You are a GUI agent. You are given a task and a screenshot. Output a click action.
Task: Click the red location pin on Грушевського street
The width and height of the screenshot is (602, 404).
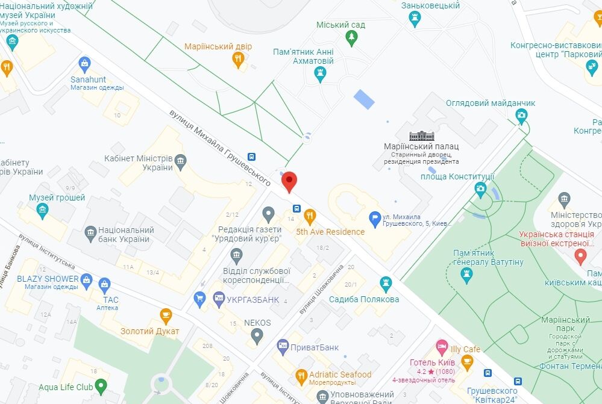coord(290,180)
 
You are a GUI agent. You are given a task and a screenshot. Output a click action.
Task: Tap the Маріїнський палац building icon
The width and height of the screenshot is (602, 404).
coord(421,135)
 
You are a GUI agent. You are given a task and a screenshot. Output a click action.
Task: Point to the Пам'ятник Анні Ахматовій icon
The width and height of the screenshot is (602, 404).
coord(320,74)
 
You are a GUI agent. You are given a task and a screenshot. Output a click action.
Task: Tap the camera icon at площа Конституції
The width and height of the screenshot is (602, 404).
coord(480,189)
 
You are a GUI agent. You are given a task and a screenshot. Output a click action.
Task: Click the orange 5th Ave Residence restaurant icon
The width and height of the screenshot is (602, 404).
coord(310,216)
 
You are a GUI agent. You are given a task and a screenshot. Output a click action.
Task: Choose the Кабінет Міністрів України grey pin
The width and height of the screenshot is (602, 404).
coord(180,161)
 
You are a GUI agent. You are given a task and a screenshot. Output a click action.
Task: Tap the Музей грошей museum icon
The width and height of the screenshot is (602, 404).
coord(42,210)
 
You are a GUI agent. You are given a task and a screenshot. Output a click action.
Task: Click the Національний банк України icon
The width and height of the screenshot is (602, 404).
coord(91,232)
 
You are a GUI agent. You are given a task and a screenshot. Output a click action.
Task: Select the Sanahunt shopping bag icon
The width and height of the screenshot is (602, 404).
coord(84,63)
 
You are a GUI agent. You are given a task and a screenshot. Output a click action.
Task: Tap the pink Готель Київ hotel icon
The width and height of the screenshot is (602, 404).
coord(442,347)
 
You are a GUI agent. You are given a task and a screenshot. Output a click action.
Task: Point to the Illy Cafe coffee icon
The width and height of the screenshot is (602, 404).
coord(466,361)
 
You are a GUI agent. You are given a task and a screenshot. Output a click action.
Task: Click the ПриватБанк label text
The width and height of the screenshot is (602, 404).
coord(316,347)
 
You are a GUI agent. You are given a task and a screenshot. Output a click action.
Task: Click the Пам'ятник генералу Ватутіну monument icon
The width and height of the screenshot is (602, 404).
coord(466,275)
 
